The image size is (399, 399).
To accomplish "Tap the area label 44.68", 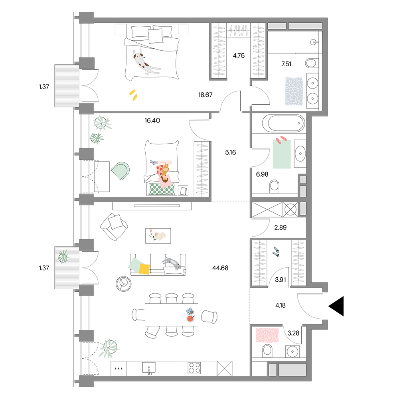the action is coord(220,268).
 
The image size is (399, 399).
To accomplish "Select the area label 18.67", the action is coord(205,95).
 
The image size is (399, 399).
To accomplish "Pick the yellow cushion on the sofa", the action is coord(144,269).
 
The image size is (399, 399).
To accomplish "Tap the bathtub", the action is coord(283,123).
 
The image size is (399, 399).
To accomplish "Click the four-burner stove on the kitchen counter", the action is coord(194,368).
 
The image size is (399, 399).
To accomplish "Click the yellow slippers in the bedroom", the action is coord(133,95).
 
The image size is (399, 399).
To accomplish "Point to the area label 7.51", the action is coord(286,64).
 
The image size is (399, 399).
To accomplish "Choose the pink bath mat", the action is coord(267,335).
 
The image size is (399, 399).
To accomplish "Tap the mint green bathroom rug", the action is coord(282,154).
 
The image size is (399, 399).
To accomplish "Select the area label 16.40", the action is coord(152,120).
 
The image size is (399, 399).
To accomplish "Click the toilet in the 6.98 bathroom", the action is coord(275,186).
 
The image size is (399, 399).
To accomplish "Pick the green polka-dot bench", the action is coord(162,189).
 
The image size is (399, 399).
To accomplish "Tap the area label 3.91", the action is coord(280,280).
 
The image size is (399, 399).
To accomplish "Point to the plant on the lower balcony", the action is coord(63,257).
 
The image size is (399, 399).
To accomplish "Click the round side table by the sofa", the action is coord(124,284).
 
